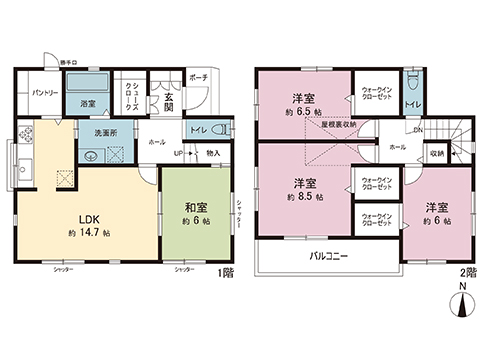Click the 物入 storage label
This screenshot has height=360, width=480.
(x=213, y=152)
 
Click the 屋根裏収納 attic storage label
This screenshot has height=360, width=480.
(x=338, y=124)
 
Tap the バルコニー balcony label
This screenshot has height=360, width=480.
(x=327, y=257)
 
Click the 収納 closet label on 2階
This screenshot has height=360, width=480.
(x=438, y=154)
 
